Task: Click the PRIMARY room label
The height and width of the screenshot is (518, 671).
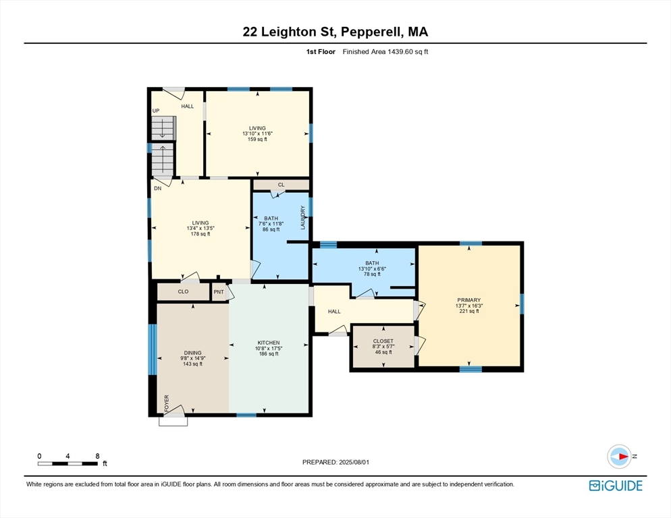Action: click(x=468, y=300)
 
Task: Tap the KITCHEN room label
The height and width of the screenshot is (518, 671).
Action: click(x=268, y=343)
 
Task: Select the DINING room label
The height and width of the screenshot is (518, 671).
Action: click(x=192, y=353)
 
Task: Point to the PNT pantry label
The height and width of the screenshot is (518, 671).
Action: click(x=219, y=292)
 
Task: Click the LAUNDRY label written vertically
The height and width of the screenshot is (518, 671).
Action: click(x=302, y=217)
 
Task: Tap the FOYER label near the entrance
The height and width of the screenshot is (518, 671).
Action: click(x=167, y=403)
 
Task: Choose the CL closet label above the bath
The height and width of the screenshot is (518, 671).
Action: click(x=281, y=185)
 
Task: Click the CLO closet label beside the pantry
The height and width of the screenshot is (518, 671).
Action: click(x=183, y=292)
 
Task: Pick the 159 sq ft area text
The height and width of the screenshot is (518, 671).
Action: click(x=257, y=139)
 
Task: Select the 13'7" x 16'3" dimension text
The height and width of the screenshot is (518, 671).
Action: click(x=469, y=306)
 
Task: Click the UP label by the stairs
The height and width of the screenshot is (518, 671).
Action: click(x=156, y=111)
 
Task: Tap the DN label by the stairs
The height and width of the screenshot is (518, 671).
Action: click(x=157, y=188)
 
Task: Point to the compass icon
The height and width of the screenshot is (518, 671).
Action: click(x=619, y=457)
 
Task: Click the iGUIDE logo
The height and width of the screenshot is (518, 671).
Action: click(x=616, y=486)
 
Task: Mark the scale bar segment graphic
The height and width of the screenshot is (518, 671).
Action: click(x=68, y=463)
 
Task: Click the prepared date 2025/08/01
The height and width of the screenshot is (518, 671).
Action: click(x=354, y=462)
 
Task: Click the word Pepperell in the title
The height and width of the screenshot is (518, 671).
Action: click(x=372, y=32)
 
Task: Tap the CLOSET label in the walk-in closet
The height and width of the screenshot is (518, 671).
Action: click(x=383, y=341)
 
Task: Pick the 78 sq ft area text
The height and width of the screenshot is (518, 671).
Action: click(x=372, y=275)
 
